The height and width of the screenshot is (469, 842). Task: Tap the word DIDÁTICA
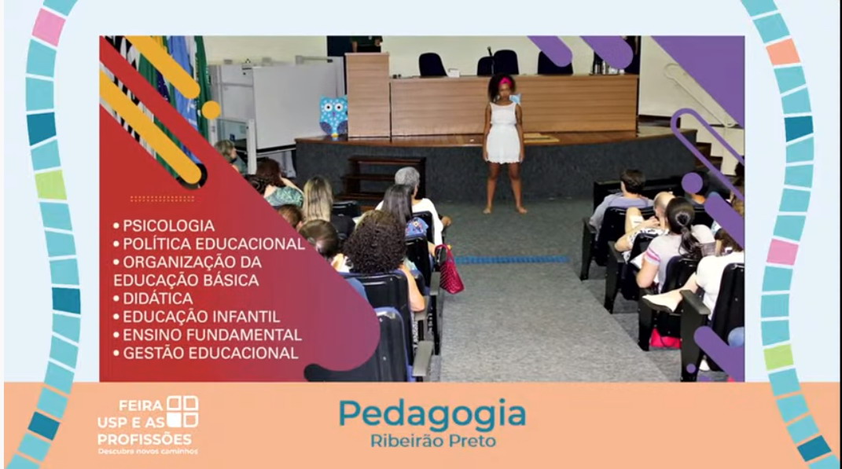(x=158, y=299)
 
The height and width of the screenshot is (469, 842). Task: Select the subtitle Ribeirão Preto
(x=433, y=441)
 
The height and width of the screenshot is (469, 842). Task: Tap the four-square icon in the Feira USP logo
(x=182, y=412)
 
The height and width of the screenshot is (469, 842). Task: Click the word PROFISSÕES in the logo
(x=145, y=439)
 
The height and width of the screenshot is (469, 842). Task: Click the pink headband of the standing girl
(x=506, y=82)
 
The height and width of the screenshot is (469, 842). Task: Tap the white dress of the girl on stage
(x=503, y=132)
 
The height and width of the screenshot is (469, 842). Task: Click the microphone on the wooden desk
(x=490, y=60)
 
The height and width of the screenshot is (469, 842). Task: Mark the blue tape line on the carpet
(x=513, y=260)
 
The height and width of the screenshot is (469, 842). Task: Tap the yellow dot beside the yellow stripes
(x=211, y=109)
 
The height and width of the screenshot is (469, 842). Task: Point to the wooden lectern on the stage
(x=368, y=95)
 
